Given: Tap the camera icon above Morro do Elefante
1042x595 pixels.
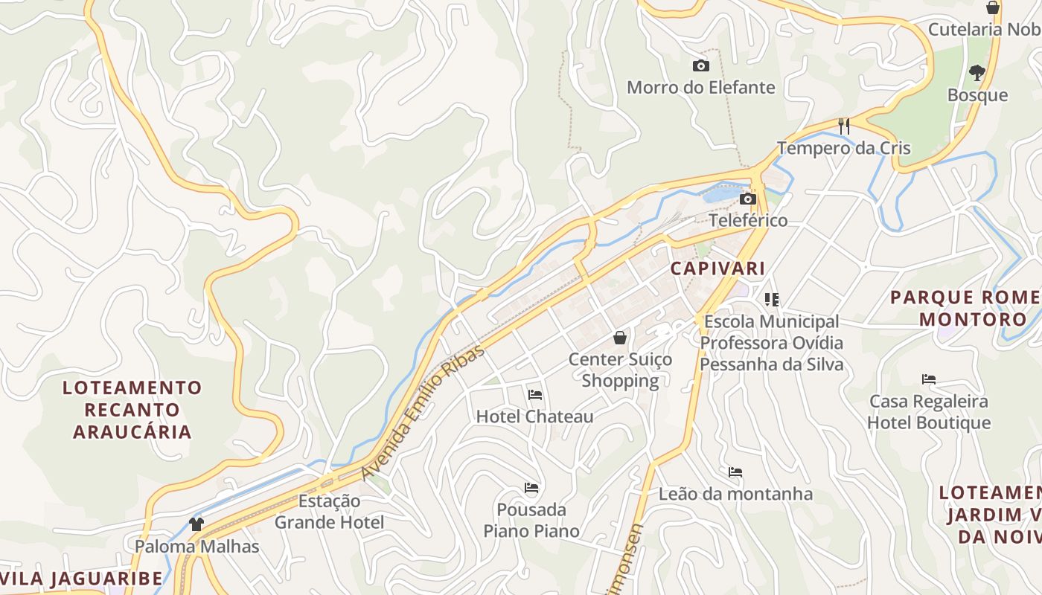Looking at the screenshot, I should click(700, 65).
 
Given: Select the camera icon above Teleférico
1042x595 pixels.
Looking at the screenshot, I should click(748, 199).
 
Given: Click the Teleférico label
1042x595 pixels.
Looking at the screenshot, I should click(748, 220).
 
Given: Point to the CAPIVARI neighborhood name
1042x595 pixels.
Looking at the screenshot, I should click(717, 268).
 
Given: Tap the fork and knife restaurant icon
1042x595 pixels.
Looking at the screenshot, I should click(844, 126).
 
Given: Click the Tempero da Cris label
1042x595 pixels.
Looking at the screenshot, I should click(844, 147).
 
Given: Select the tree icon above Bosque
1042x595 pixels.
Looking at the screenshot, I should click(977, 73).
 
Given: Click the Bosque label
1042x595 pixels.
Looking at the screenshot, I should click(977, 95).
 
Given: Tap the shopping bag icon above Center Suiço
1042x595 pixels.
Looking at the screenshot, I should click(620, 338).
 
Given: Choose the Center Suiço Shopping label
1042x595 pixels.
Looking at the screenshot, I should click(620, 370).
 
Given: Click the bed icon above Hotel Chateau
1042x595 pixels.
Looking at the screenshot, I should click(534, 395).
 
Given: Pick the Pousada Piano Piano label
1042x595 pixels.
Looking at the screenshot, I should click(531, 520).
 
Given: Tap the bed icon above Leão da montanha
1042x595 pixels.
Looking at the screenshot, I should click(735, 472).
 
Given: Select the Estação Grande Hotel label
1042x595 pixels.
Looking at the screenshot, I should click(329, 511).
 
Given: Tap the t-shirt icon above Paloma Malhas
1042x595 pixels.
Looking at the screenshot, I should click(196, 524).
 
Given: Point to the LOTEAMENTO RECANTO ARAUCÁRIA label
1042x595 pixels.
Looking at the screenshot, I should click(132, 409).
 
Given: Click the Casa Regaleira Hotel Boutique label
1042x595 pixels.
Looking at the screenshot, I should click(929, 412).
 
